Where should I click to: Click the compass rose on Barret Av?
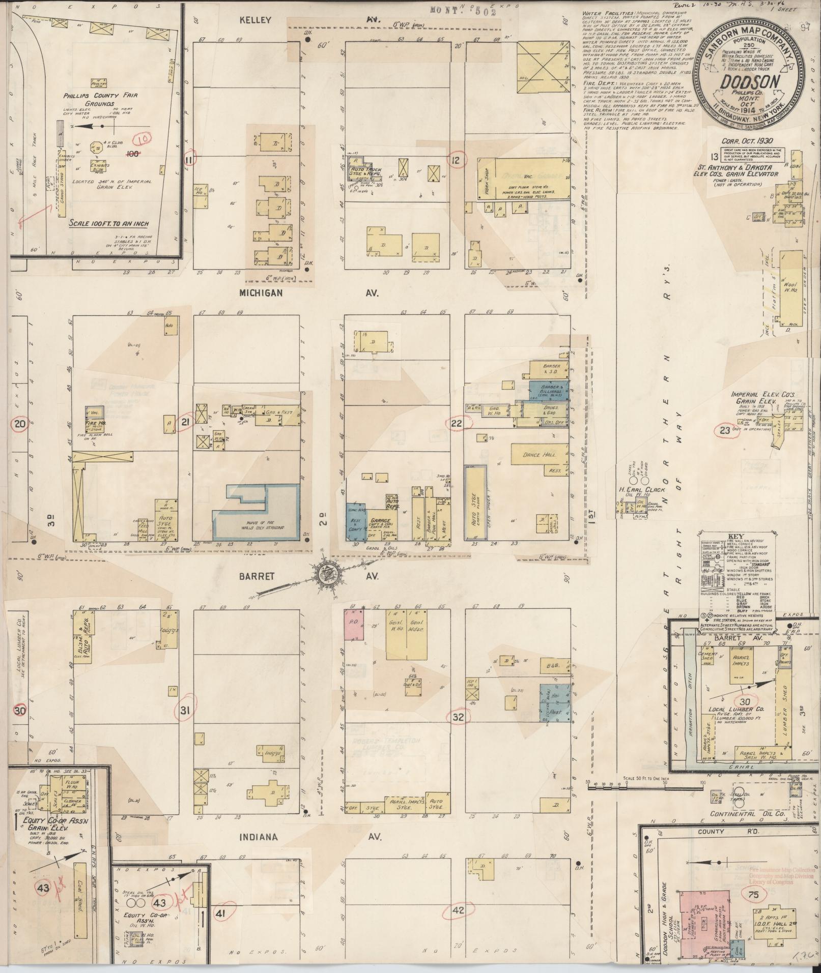click(x=324, y=573)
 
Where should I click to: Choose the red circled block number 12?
click(x=456, y=160)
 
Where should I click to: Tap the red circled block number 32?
click(x=458, y=717)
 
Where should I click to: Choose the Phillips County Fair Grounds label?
click(x=100, y=99)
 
